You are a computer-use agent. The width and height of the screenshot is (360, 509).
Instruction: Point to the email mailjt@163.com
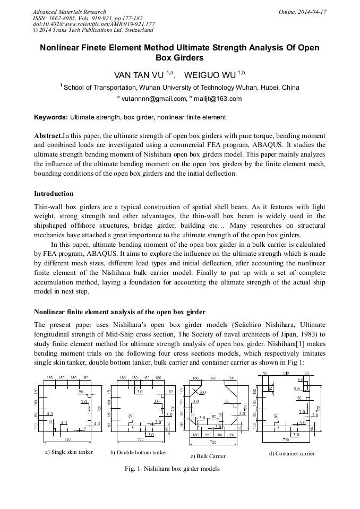219,99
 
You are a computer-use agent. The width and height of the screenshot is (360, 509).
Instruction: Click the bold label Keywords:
51,117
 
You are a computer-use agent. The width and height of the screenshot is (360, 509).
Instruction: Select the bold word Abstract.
48,135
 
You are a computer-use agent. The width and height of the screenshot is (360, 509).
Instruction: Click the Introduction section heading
54,193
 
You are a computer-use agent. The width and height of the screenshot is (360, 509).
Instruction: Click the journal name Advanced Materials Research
69,12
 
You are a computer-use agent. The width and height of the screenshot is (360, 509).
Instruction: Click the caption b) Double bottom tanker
139,452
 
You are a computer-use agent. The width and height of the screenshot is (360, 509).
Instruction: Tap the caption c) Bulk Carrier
208,456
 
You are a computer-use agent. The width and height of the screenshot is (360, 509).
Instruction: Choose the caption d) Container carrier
292,453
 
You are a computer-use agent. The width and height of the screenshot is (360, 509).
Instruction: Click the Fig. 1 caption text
172,469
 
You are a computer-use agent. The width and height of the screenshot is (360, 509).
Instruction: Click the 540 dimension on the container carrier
286,373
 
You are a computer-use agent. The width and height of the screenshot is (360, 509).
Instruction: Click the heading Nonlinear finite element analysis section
119,311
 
